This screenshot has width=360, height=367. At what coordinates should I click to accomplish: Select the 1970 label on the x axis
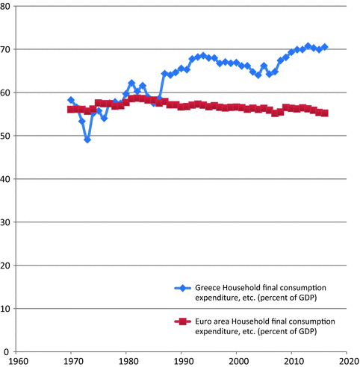(x=71, y=361)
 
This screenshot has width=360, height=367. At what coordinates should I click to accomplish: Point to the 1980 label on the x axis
(x=126, y=361)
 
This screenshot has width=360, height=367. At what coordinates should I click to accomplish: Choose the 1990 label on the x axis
(x=181, y=361)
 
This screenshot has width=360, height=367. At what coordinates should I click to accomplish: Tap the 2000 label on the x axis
(x=237, y=361)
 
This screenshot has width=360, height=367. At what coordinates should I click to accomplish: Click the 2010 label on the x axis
(x=292, y=361)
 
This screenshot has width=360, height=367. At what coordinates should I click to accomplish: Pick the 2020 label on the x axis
(x=346, y=361)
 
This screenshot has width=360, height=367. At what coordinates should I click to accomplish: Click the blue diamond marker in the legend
(x=179, y=287)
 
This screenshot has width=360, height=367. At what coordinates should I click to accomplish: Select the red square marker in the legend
(x=179, y=321)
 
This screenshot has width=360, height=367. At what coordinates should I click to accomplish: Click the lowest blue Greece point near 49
(x=87, y=139)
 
